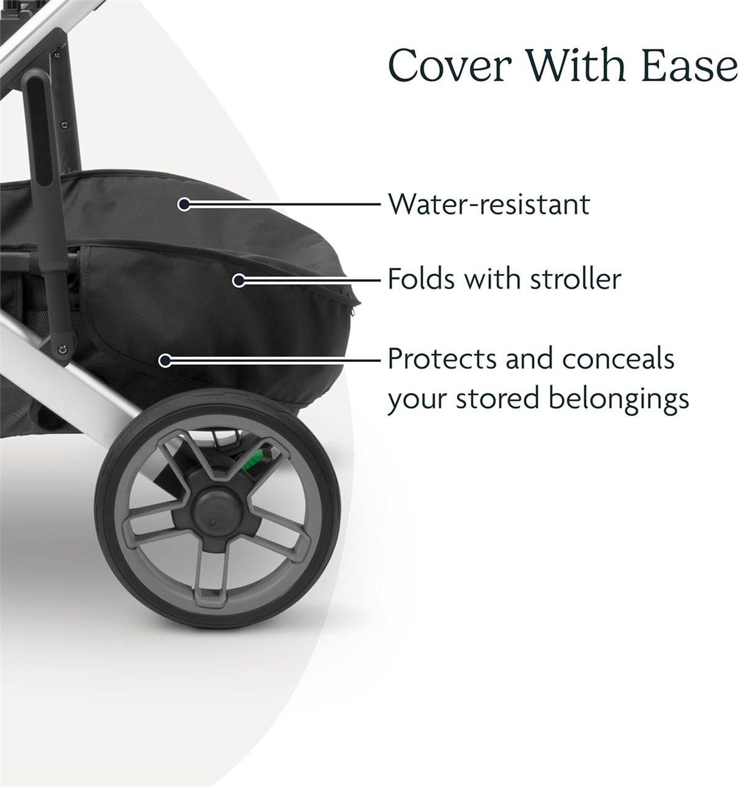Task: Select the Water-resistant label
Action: (x=488, y=204)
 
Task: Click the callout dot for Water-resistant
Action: (x=183, y=204)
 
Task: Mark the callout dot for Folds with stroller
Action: (x=239, y=280)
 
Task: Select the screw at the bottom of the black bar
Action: (x=61, y=349)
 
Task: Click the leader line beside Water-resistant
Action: (x=283, y=204)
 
